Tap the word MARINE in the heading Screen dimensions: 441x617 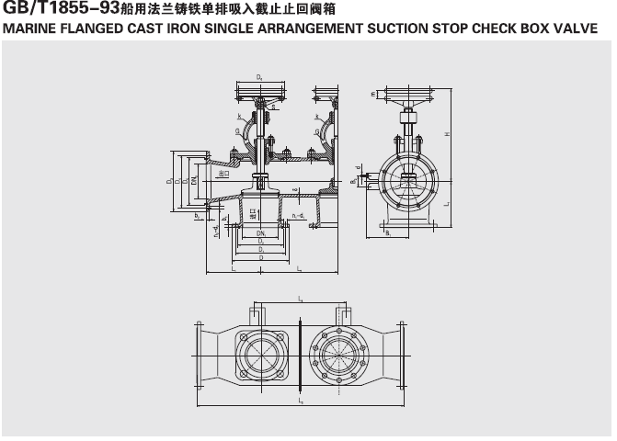[x=30, y=28]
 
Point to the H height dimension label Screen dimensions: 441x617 [x=447, y=135]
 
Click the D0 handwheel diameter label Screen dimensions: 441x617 [x=260, y=77]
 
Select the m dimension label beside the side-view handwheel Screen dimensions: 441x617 [x=372, y=93]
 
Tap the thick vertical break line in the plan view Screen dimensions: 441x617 [x=300, y=354]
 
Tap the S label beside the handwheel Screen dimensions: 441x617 [x=273, y=107]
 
